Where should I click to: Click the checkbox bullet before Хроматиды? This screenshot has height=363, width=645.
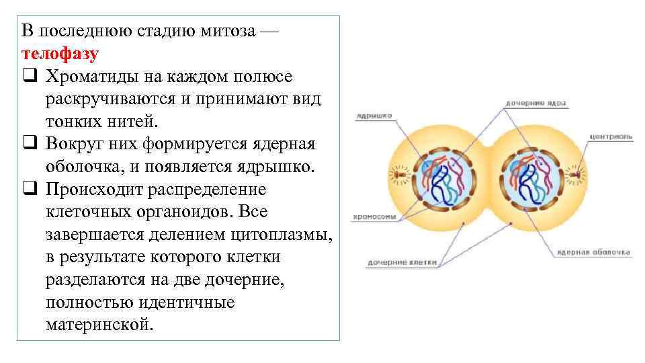(x=28, y=76)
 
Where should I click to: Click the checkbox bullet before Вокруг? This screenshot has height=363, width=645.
(x=28, y=144)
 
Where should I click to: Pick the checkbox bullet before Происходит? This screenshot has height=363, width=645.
(x=28, y=190)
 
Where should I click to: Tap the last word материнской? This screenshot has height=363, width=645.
(x=99, y=325)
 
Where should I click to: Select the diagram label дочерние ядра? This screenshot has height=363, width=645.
(x=535, y=104)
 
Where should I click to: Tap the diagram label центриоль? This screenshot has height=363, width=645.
(x=610, y=136)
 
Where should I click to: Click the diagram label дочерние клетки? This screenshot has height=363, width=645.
(x=402, y=263)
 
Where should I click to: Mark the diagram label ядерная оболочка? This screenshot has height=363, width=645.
(x=593, y=253)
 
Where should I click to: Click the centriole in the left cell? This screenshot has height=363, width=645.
(x=401, y=175)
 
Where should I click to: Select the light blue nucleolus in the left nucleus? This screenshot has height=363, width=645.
(x=429, y=167)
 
